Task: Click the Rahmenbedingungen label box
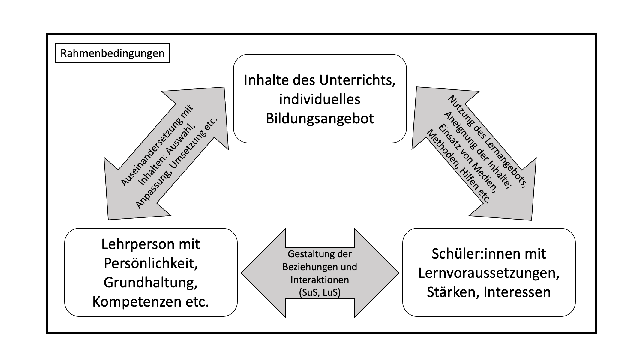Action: pos(113,53)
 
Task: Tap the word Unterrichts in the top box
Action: pos(357,80)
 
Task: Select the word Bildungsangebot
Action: pos(320,118)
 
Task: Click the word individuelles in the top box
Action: pos(320,99)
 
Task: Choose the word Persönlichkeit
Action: pos(151,263)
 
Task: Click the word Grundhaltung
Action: pos(151,283)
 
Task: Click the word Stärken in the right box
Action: pos(451,292)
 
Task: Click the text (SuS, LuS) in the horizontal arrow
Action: pos(320,292)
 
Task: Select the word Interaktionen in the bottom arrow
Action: pos(320,280)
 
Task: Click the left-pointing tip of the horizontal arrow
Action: pos(245,273)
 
